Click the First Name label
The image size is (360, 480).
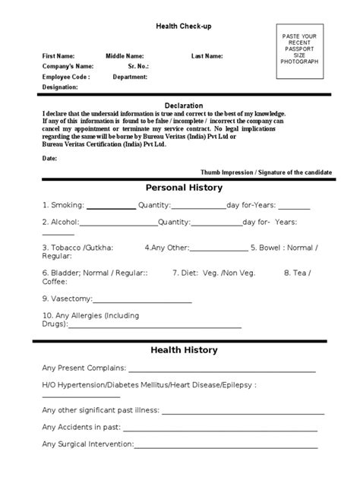[x=58, y=56]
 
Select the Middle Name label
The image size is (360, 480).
[x=124, y=56]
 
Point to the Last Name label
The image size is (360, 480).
[x=207, y=56]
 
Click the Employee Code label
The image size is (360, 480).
[x=66, y=77]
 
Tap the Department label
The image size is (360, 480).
[x=130, y=77]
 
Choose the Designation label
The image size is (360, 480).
[x=60, y=87]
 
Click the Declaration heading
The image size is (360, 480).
[x=183, y=106]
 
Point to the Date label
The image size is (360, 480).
[x=49, y=158]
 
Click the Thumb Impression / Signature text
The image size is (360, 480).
[x=266, y=172]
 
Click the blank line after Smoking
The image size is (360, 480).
[x=112, y=207]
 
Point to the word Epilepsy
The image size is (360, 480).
[x=235, y=385]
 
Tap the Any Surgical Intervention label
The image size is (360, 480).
[x=88, y=444]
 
